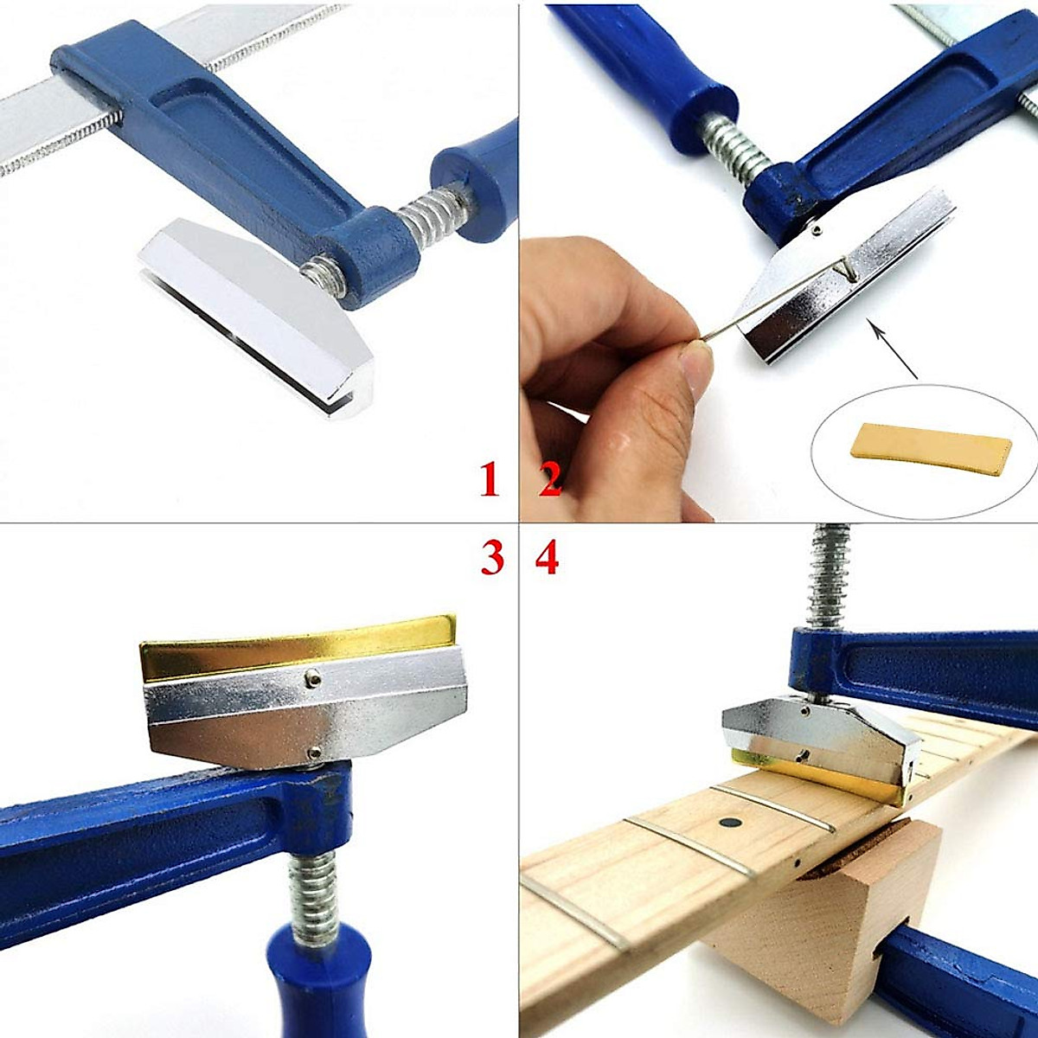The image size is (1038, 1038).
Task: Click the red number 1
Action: click(x=490, y=480)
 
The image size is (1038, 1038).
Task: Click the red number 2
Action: click(x=550, y=480)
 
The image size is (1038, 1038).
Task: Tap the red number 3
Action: click(x=491, y=559)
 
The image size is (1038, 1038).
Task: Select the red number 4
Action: click(x=547, y=559)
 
